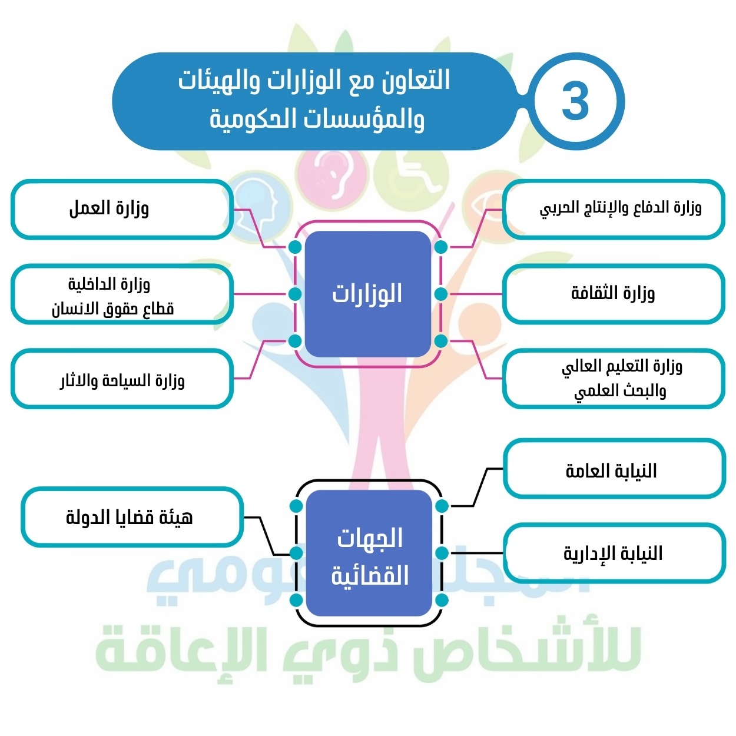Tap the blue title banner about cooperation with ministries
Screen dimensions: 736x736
click(315, 101)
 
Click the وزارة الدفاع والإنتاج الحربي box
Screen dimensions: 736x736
click(614, 209)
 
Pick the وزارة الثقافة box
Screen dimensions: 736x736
click(614, 294)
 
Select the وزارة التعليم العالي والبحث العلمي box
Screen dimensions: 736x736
click(614, 379)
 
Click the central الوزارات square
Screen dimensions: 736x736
click(368, 294)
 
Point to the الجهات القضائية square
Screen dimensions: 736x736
click(369, 553)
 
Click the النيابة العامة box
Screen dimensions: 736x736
click(614, 469)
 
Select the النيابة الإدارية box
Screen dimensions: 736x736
click(614, 553)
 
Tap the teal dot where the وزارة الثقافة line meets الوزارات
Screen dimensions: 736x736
click(441, 294)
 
